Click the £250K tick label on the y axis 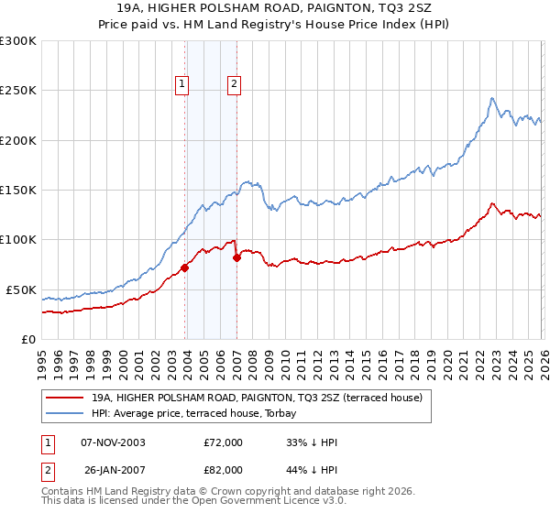18,91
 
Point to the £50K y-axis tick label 21,289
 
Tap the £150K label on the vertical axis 18,191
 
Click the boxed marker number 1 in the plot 182,84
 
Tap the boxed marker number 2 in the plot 235,84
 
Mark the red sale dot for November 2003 185,267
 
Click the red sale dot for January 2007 237,257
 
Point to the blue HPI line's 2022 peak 492,98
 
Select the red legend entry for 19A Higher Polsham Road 257,398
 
